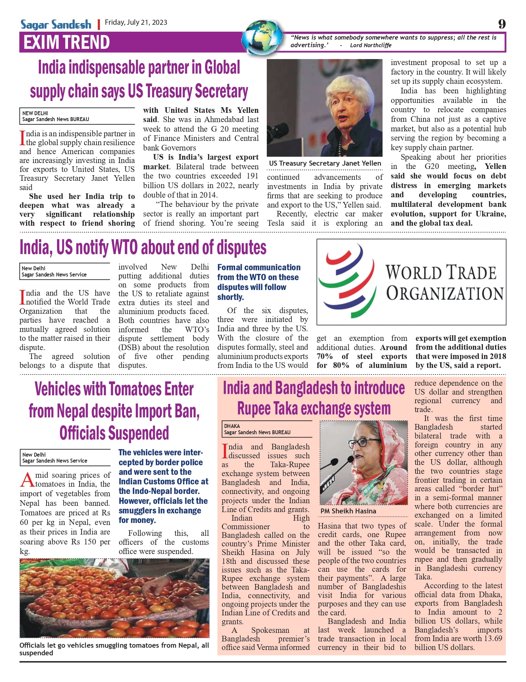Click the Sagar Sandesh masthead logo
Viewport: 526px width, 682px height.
(x=56, y=25)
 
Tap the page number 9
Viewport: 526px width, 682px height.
(x=502, y=24)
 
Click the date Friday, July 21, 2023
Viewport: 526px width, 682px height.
(x=136, y=22)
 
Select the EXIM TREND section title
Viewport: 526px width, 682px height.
(x=67, y=42)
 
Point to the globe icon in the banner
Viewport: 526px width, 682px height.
(x=263, y=37)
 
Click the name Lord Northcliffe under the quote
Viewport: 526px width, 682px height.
(x=370, y=46)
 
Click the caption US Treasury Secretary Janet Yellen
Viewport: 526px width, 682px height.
(x=325, y=163)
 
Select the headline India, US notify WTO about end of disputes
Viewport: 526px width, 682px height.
(x=143, y=247)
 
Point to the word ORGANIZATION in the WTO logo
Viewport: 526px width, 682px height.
(x=445, y=293)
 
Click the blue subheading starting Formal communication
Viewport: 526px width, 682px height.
(x=259, y=282)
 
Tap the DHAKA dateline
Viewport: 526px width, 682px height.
(x=232, y=426)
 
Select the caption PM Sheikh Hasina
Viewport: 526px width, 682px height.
(x=348, y=511)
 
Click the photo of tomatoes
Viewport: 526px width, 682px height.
(x=114, y=598)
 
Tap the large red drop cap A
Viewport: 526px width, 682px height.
(x=27, y=480)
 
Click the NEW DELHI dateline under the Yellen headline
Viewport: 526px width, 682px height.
(x=35, y=113)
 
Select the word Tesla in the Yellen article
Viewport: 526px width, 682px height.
(x=275, y=223)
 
